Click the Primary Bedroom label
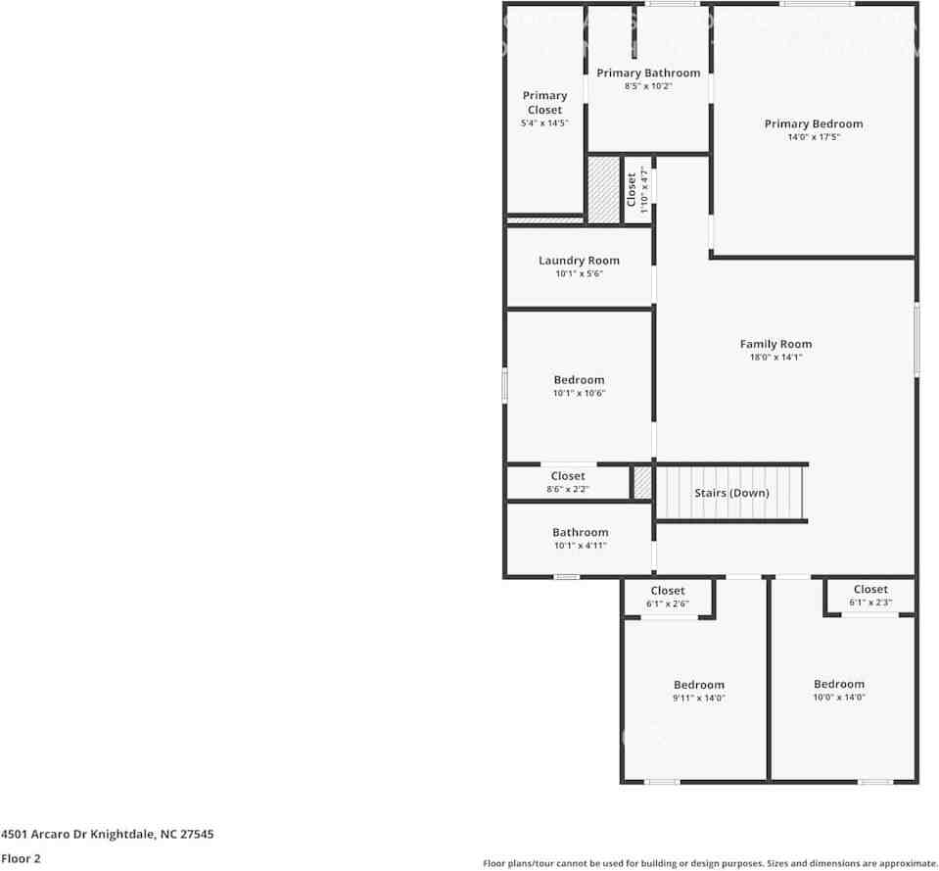pyautogui.click(x=814, y=123)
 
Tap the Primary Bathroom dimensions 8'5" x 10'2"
pyautogui.click(x=648, y=86)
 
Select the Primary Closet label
pyautogui.click(x=544, y=102)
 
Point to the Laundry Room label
pyautogui.click(x=579, y=261)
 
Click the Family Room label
pyautogui.click(x=775, y=344)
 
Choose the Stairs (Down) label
pyautogui.click(x=731, y=493)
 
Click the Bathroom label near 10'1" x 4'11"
pyautogui.click(x=580, y=532)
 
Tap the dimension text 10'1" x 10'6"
pyautogui.click(x=579, y=393)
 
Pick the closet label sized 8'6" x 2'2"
pyautogui.click(x=568, y=476)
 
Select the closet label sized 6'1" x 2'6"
pyautogui.click(x=668, y=591)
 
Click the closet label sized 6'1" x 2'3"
pyautogui.click(x=870, y=589)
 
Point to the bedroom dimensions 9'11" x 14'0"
pyautogui.click(x=699, y=698)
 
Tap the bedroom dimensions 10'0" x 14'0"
pyautogui.click(x=839, y=697)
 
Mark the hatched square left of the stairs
pyautogui.click(x=642, y=483)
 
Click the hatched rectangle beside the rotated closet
pyautogui.click(x=603, y=189)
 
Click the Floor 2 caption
pyautogui.click(x=21, y=858)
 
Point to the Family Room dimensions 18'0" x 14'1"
pyautogui.click(x=775, y=358)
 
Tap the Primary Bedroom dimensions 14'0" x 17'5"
pyautogui.click(x=814, y=137)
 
